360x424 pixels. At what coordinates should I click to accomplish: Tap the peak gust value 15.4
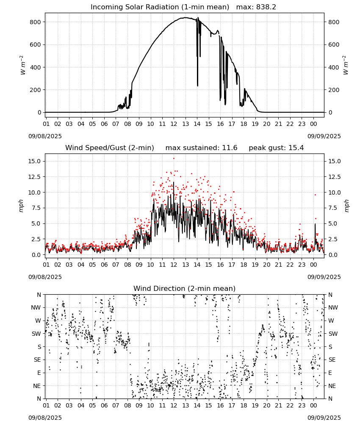(x=296, y=148)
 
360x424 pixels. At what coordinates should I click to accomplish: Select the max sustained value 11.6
(x=230, y=148)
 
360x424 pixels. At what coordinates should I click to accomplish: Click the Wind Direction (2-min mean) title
(x=185, y=288)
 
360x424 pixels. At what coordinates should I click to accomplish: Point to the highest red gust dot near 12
(x=174, y=159)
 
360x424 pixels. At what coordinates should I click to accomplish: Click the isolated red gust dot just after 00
(x=315, y=195)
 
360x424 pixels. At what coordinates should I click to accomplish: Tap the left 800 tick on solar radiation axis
(x=36, y=22)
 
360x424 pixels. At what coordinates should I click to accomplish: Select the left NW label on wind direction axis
(x=36, y=307)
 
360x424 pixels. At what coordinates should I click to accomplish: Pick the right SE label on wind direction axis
(x=332, y=360)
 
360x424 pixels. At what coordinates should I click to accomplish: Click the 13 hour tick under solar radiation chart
(x=185, y=124)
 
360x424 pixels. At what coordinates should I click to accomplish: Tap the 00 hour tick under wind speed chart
(x=313, y=265)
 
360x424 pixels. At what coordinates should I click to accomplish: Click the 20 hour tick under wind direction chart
(x=267, y=405)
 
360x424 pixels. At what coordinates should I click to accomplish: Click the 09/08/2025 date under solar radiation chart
(x=45, y=136)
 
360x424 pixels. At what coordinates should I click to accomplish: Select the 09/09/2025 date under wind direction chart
(x=324, y=418)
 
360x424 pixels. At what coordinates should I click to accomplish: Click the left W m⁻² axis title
(x=23, y=65)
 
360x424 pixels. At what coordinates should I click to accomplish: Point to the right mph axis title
(x=346, y=206)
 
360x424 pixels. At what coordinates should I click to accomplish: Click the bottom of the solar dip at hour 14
(x=198, y=86)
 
